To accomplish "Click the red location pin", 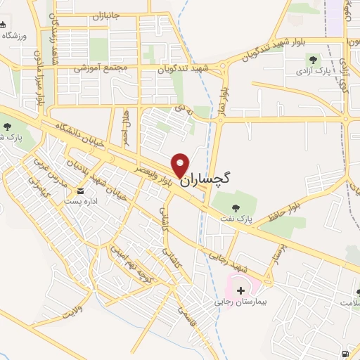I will coord(181,165).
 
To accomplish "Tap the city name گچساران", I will coord(208,180).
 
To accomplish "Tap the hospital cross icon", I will coord(241,290).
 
